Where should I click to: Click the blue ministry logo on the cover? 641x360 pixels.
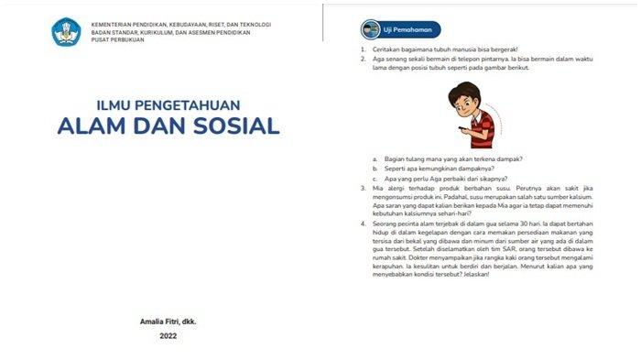[x=66, y=33]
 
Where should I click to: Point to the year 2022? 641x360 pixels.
[x=168, y=336]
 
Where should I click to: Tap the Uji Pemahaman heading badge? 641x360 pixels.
[x=402, y=28]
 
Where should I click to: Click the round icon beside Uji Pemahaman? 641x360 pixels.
[x=371, y=28]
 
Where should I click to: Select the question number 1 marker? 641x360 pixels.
[x=364, y=48]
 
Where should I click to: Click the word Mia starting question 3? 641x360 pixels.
[x=379, y=188]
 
